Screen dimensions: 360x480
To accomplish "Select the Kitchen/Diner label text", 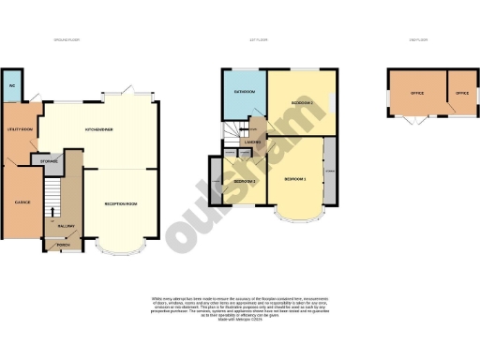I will point(99,129).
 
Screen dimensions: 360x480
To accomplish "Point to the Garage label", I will point(22,202).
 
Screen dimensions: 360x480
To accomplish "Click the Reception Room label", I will point(122,202).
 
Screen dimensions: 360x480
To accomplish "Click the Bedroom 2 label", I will point(301,102).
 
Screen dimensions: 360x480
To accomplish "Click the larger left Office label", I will point(417,94).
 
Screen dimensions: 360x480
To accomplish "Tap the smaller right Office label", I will point(461,94).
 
